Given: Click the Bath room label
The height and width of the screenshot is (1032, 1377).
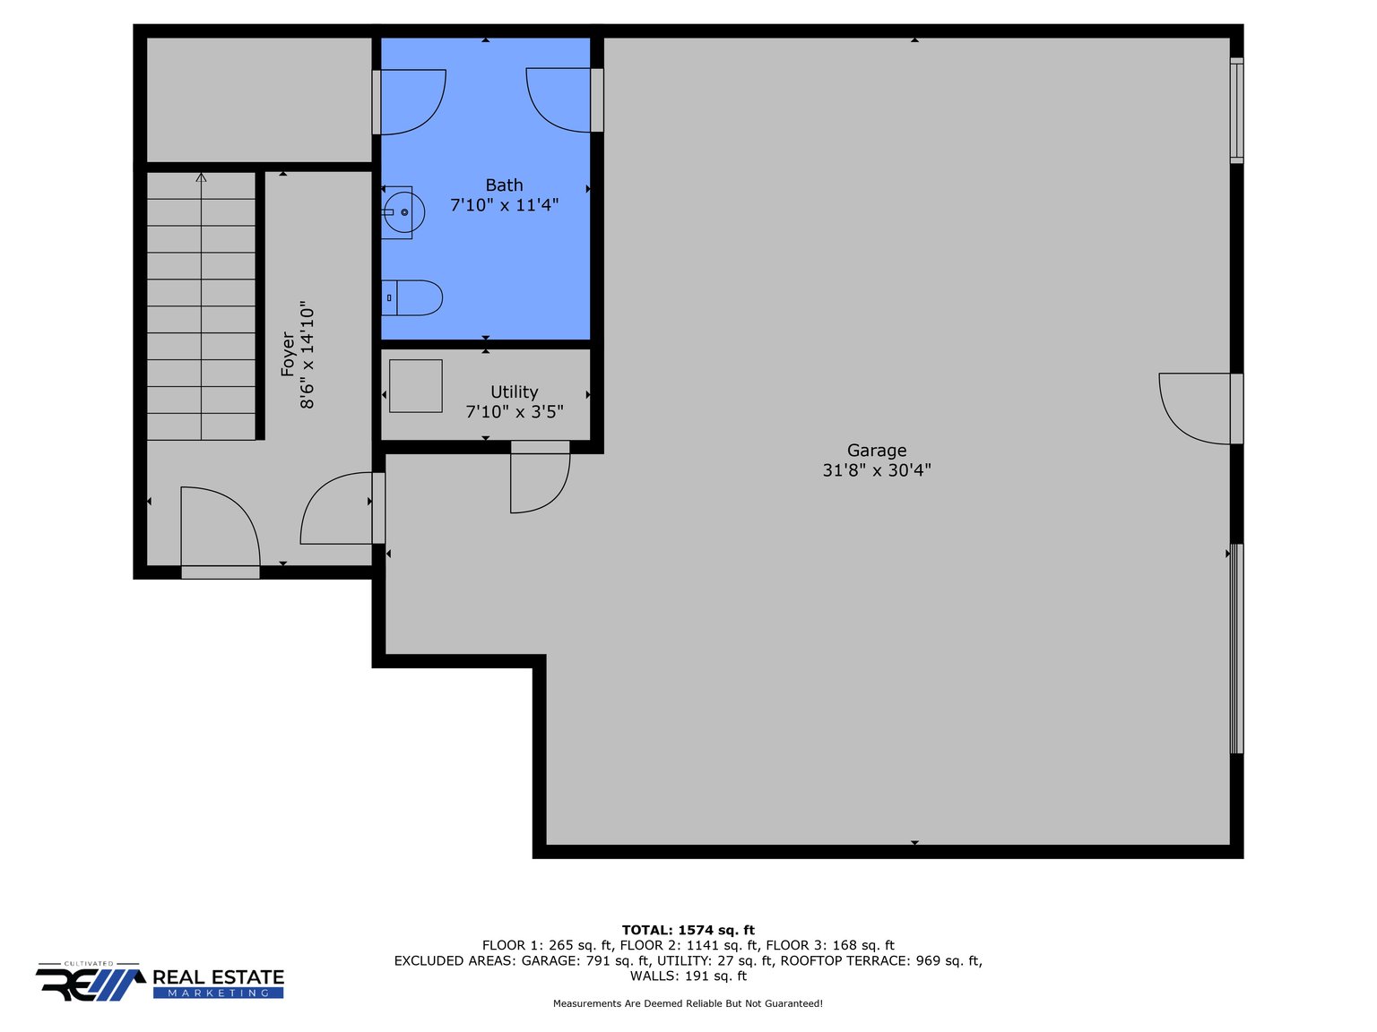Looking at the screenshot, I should click(504, 185).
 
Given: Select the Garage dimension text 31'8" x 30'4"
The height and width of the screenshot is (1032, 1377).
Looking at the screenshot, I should click(877, 470).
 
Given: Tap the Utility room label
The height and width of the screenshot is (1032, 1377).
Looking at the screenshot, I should click(514, 392).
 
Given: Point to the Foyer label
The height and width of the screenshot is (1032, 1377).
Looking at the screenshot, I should click(288, 355).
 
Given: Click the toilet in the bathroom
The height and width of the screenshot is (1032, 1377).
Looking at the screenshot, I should click(413, 297).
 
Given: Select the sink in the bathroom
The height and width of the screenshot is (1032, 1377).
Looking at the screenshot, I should click(399, 212).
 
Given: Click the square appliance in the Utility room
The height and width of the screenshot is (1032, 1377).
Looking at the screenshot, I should click(416, 386).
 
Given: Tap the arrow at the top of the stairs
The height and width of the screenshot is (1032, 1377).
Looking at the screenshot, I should click(201, 178).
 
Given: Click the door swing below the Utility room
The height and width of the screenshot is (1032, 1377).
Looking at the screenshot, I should click(538, 481).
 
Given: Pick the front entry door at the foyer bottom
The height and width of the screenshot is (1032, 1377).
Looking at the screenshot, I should click(220, 529).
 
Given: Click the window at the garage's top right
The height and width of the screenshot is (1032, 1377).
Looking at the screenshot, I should click(1236, 110).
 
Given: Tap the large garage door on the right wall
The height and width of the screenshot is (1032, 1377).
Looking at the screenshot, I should click(1236, 649).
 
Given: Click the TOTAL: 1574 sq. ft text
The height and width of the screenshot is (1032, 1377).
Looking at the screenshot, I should click(688, 930).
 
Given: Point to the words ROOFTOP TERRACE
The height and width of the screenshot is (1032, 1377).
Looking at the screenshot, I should click(845, 960).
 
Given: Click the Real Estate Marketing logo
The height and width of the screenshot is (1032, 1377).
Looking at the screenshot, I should click(160, 982).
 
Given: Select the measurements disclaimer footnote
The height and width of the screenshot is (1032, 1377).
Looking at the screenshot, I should click(688, 1003).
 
